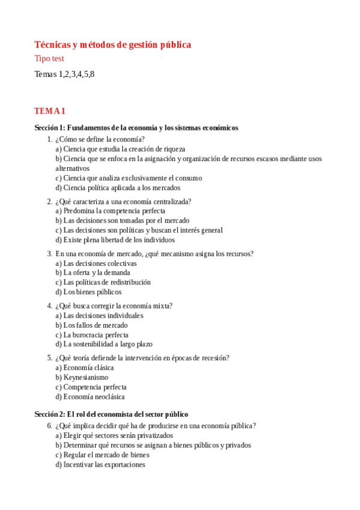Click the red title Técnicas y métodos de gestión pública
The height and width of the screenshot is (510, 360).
click(112, 45)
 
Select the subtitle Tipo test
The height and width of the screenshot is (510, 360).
click(49, 59)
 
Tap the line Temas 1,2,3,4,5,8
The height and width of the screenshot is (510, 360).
click(64, 75)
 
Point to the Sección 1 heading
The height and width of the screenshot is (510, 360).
click(136, 127)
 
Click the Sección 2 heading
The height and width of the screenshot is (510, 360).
click(111, 414)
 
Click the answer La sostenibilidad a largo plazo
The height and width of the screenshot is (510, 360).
click(104, 345)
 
